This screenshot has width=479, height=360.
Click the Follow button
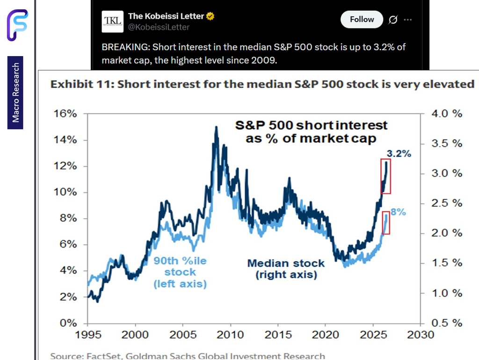point(362,20)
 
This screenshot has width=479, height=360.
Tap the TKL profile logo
point(112,22)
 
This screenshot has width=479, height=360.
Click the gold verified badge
point(210,16)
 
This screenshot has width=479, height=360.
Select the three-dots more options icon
point(408,20)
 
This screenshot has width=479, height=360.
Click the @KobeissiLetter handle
point(159,27)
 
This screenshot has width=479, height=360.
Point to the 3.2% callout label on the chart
point(399,154)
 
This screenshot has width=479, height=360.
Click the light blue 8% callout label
point(398,212)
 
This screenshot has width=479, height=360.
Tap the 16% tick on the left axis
point(65,114)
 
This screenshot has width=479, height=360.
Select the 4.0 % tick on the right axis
point(447,114)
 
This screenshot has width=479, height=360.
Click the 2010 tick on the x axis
point(230,335)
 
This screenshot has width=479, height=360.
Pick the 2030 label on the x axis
point(421,335)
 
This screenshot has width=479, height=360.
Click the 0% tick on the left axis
point(68,323)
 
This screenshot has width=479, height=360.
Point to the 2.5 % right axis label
point(447,203)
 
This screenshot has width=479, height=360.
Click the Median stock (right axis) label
point(286,269)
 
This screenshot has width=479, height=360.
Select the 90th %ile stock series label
point(180,272)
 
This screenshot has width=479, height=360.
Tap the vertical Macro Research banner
point(15,93)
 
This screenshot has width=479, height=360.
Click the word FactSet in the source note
point(104,356)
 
